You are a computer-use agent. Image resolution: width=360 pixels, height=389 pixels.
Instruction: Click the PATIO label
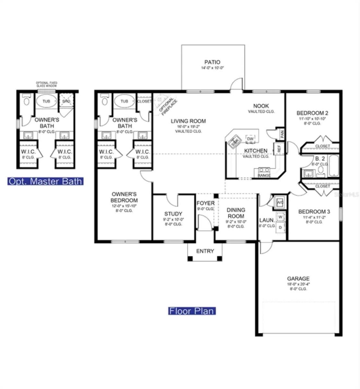click(212, 62)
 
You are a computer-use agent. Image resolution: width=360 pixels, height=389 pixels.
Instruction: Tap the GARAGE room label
click(298, 278)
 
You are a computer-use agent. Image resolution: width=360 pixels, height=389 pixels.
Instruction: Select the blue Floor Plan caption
click(192, 311)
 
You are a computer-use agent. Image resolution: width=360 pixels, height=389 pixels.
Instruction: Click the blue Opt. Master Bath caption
click(45, 181)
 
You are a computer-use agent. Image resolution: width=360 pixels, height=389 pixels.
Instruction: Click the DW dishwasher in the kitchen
click(250, 139)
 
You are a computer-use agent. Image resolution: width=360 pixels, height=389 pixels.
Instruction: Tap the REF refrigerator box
click(279, 148)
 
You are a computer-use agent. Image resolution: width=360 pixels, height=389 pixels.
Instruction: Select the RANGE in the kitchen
click(264, 172)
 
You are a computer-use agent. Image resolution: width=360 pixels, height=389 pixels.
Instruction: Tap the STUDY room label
click(173, 214)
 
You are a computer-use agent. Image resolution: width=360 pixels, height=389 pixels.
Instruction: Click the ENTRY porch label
click(205, 251)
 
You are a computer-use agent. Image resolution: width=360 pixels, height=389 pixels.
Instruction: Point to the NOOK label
click(261, 106)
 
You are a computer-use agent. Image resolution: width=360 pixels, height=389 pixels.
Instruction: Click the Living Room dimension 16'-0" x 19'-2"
click(188, 127)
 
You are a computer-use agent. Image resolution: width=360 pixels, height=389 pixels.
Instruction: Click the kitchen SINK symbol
click(234, 141)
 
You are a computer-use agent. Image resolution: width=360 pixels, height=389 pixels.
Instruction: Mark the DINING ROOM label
click(236, 213)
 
